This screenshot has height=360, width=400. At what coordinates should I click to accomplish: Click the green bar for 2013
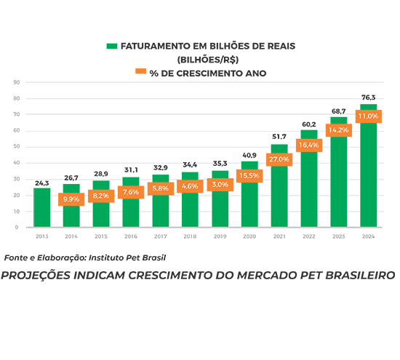click(42, 207)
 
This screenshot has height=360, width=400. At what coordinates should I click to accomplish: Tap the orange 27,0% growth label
click(279, 159)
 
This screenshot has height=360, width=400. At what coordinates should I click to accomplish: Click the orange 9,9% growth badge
click(71, 199)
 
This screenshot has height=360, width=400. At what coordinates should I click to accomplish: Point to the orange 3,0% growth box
click(220, 185)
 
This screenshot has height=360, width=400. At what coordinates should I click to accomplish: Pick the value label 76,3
click(369, 97)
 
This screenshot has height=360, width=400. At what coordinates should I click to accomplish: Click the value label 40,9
click(249, 155)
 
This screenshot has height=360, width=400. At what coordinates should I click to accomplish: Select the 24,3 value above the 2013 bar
click(42, 183)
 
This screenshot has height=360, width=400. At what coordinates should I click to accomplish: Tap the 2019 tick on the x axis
click(220, 236)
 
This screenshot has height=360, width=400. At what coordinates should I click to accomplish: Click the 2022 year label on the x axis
click(309, 236)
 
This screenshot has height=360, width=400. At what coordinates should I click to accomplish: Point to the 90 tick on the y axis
click(17, 82)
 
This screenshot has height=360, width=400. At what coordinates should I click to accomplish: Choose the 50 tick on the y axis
click(17, 146)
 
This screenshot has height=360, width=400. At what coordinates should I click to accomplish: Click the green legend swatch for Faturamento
click(112, 46)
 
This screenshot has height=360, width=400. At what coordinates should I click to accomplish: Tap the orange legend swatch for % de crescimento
click(140, 71)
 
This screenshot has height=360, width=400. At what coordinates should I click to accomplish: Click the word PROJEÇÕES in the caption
click(36, 276)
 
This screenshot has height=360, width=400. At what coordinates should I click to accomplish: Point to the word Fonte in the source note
click(16, 257)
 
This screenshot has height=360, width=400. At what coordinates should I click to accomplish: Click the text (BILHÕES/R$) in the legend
click(208, 60)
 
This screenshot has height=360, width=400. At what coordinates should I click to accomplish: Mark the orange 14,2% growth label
click(338, 130)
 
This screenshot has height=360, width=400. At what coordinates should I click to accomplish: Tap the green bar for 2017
click(161, 201)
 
